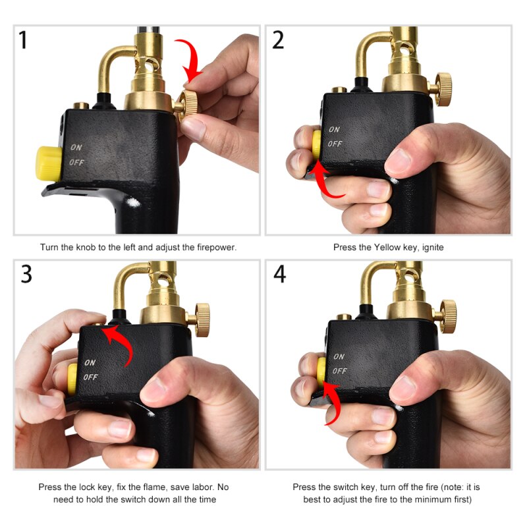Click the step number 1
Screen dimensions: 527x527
click(x=24, y=40)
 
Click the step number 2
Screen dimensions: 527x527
click(x=278, y=40)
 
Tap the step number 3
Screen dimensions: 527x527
click(x=26, y=273)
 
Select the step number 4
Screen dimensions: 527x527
click(x=280, y=273)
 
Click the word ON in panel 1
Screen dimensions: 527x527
click(x=76, y=148)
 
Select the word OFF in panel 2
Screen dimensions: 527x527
click(x=335, y=143)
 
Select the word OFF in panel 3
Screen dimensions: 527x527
click(x=90, y=377)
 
